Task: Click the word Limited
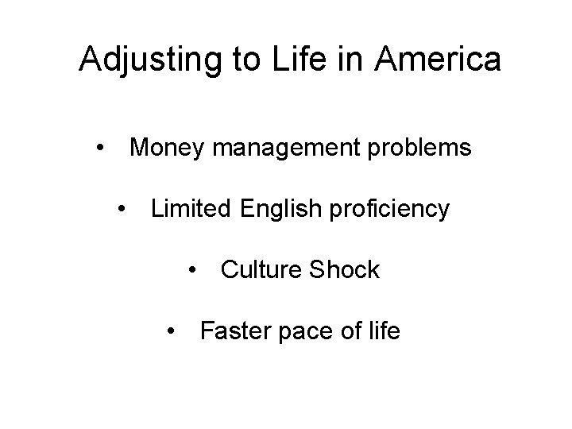188,210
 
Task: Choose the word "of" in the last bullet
348,330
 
